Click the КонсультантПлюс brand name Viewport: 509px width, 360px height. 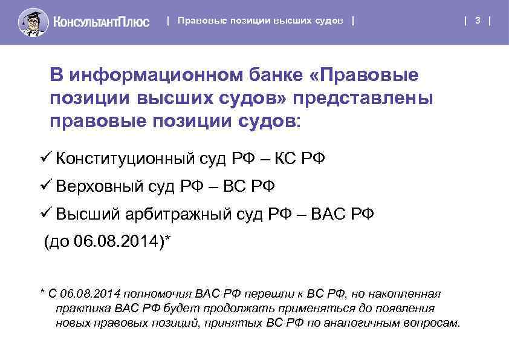click(101, 22)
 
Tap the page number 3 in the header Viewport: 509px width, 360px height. click(478, 21)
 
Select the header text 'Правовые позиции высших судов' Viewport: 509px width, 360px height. click(261, 21)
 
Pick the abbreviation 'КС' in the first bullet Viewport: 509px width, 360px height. click(286, 159)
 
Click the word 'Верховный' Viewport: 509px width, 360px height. click(99, 186)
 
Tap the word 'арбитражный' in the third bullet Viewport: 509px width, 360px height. click(181, 214)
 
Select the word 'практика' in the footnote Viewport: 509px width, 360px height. click(78, 308)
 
